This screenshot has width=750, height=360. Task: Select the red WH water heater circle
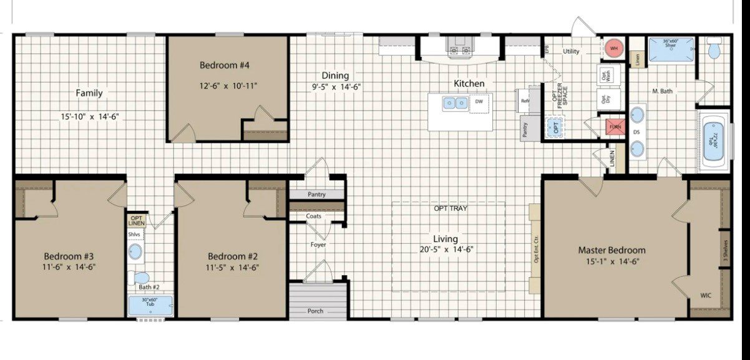pos(613,48)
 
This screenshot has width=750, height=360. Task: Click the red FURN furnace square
pos(615,127)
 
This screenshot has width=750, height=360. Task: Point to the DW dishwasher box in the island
pos(479,102)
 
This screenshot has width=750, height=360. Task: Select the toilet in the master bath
pos(714,48)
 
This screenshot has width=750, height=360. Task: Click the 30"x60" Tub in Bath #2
pos(150,306)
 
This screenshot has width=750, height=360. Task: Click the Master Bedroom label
pos(611,250)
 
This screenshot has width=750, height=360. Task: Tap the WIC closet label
pos(706,295)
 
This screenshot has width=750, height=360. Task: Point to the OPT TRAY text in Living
pos(450,208)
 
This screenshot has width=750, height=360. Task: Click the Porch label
pos(316,311)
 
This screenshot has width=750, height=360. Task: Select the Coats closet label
pos(314,216)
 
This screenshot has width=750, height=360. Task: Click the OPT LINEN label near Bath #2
pos(137,220)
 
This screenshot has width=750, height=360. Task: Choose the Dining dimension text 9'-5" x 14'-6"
pos(337,87)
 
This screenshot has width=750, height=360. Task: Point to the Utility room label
pos(571,51)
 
